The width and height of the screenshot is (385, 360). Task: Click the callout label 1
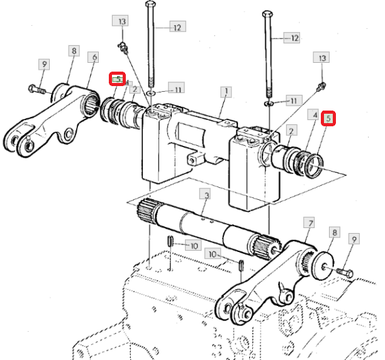coord(226,92)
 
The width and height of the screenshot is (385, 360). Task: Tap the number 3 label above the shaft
coord(206,195)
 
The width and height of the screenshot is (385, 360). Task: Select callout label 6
coord(94,57)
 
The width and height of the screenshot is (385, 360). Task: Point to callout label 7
coord(310,223)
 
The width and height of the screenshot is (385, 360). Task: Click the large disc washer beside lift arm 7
coord(323,265)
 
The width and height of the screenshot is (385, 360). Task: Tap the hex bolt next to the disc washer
coord(345,272)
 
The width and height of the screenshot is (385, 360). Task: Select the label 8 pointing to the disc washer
coord(335,232)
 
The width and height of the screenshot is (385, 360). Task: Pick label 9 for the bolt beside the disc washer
coord(354,239)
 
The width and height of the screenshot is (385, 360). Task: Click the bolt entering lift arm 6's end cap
coord(37,89)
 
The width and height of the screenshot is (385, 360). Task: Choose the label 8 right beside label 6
coord(74,51)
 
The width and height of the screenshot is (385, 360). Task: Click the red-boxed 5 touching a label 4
coord(118,79)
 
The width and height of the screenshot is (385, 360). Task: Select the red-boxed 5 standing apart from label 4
coord(328,119)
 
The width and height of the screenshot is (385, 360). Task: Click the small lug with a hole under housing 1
coord(194,160)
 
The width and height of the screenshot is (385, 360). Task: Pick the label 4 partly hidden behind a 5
coord(126,83)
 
